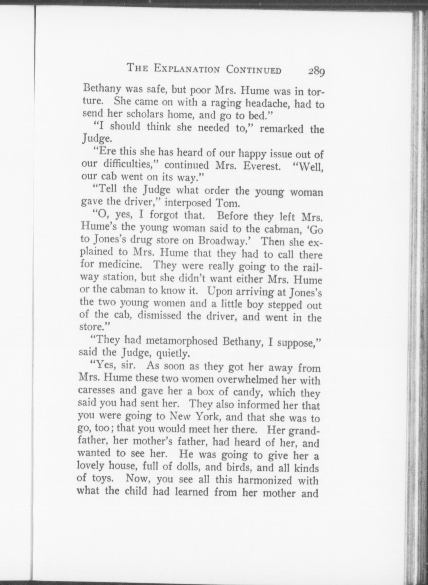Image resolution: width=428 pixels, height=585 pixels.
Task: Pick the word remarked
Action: coord(282,129)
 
